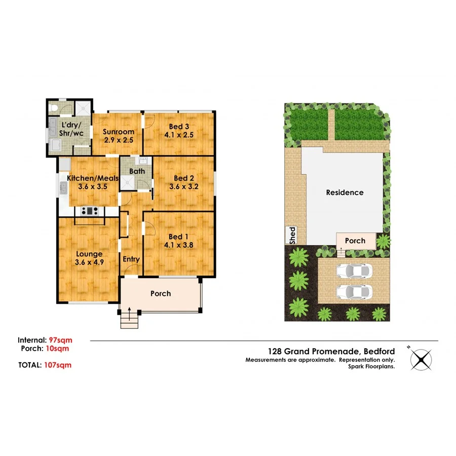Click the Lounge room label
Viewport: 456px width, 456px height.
click(x=89, y=258)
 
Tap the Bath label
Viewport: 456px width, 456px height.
click(x=137, y=171)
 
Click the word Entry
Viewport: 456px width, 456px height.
click(x=131, y=259)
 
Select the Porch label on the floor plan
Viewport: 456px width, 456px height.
click(x=161, y=293)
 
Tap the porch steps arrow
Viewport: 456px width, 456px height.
click(x=129, y=315)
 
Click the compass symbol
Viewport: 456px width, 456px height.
click(x=421, y=359)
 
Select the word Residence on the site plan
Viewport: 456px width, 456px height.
click(x=345, y=193)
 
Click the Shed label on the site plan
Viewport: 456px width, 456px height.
click(x=292, y=236)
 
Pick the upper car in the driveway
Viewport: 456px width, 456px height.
click(x=353, y=272)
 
